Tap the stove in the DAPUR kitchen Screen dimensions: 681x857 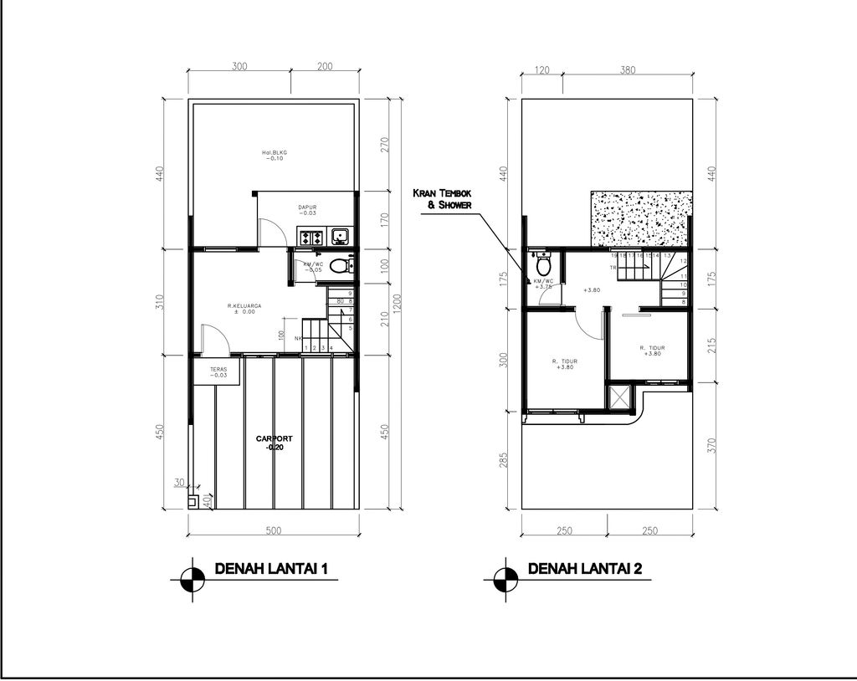[x=308, y=237]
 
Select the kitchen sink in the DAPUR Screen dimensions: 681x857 [x=341, y=237]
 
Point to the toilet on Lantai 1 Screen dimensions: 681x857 [x=338, y=267]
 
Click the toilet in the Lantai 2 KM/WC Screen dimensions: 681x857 [x=543, y=264]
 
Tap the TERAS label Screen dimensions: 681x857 [x=217, y=371]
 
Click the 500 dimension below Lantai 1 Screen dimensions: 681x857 [x=273, y=530]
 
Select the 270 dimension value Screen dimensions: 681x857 [x=385, y=145]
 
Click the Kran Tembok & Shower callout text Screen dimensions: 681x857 [x=443, y=199]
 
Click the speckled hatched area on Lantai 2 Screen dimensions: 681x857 [x=640, y=219]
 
